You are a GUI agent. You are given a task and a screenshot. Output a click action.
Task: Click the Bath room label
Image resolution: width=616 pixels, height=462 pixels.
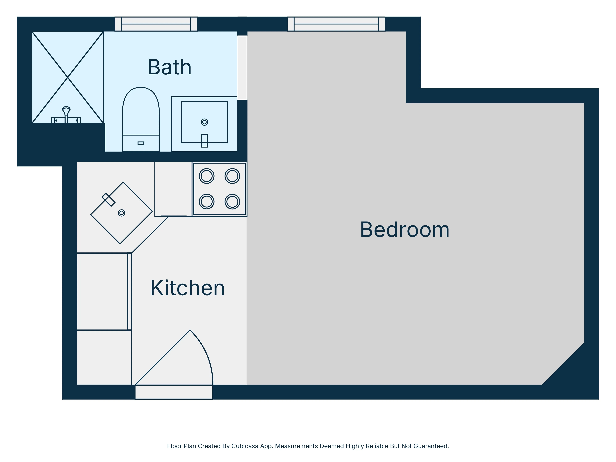pyautogui.click(x=169, y=67)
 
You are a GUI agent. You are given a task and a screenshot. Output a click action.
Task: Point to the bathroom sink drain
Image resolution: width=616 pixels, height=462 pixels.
pyautogui.click(x=204, y=122)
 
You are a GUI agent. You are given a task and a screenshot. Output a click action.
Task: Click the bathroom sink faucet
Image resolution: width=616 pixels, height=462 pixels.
pyautogui.click(x=204, y=140)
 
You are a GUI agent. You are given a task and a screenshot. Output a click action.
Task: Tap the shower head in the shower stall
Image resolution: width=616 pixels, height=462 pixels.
pyautogui.click(x=66, y=110)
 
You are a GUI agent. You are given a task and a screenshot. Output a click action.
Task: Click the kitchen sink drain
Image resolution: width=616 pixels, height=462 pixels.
pyautogui.click(x=121, y=213)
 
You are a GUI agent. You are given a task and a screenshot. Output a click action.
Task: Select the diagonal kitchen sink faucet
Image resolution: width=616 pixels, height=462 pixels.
pyautogui.click(x=108, y=200)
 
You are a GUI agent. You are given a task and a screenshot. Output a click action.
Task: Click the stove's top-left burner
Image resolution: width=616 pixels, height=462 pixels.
pyautogui.click(x=207, y=176)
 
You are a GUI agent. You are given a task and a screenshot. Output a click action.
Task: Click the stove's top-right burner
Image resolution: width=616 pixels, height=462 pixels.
pyautogui.click(x=232, y=176)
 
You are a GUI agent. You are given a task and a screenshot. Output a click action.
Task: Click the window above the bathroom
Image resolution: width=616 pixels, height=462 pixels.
pyautogui.click(x=156, y=24)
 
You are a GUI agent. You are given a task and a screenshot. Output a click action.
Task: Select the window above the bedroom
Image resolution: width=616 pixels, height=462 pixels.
pyautogui.click(x=336, y=24)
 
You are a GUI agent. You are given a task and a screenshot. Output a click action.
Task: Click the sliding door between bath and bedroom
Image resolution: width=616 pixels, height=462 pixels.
pyautogui.click(x=242, y=67)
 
